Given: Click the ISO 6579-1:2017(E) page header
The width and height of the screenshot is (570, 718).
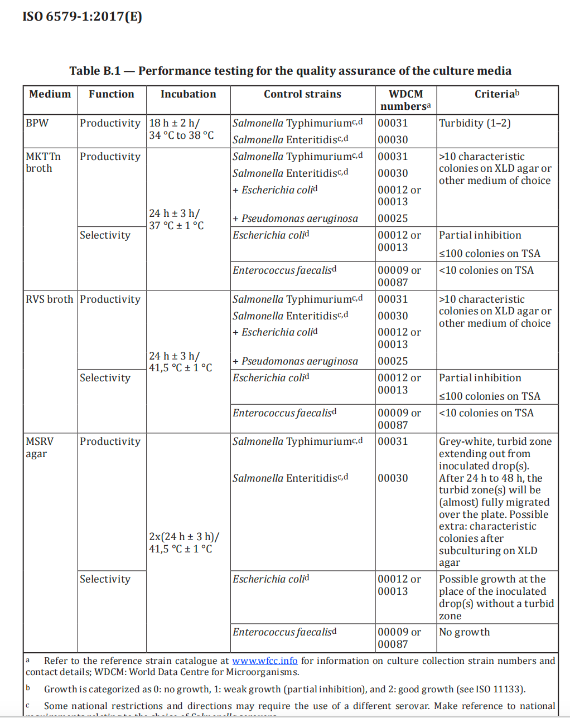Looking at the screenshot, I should pyautogui.click(x=83, y=16).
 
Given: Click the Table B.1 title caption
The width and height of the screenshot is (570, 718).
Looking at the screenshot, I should pyautogui.click(x=290, y=71).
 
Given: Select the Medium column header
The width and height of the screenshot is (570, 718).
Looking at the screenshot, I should pyautogui.click(x=50, y=94).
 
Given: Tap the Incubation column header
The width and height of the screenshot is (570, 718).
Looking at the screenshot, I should pyautogui.click(x=188, y=94).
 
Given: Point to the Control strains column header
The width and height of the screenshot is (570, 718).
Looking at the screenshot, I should pyautogui.click(x=302, y=94).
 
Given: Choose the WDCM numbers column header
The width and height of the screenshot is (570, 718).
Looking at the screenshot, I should pyautogui.click(x=405, y=100).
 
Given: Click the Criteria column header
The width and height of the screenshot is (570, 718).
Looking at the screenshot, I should pyautogui.click(x=496, y=94).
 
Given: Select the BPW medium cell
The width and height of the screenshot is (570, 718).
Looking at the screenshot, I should pyautogui.click(x=37, y=123).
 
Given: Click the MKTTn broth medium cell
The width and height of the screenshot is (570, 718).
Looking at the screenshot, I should pyautogui.click(x=44, y=162).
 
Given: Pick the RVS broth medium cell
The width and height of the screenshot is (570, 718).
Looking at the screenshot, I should pyautogui.click(x=49, y=299).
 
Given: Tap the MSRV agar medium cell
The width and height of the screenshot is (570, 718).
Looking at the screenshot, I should pyautogui.click(x=40, y=447).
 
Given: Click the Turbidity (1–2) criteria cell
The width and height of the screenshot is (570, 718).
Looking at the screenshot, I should pyautogui.click(x=475, y=123).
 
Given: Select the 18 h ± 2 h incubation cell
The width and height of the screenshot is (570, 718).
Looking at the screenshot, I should pyautogui.click(x=181, y=129).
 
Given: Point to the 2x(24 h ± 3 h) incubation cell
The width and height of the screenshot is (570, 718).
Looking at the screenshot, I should pyautogui.click(x=183, y=542).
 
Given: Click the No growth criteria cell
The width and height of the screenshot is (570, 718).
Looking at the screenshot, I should pyautogui.click(x=464, y=632).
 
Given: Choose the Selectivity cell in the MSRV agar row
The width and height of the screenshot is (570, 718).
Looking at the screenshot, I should pyautogui.click(x=105, y=579).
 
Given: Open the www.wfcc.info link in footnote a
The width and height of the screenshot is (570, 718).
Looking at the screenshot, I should pyautogui.click(x=265, y=661).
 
